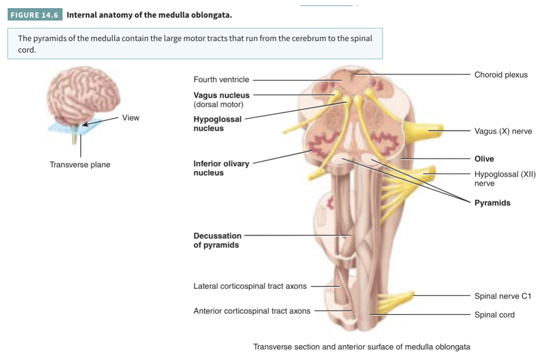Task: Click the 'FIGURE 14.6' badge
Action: point(35,15)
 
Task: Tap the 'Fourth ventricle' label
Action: point(221,80)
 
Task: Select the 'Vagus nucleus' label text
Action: point(221,95)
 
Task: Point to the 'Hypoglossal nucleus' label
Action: point(217,124)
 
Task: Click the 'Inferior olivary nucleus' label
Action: point(221,168)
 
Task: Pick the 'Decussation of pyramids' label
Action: point(217,240)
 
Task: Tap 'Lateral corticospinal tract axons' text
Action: point(250,286)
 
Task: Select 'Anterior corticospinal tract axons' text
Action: point(252,311)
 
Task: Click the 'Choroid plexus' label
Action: point(501,75)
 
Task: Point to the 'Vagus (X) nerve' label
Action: point(503,131)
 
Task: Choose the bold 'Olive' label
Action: point(484,159)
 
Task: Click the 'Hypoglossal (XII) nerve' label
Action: point(504,179)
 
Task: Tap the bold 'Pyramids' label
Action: point(492,203)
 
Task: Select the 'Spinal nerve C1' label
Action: point(503,296)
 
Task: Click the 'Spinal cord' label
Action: point(494,315)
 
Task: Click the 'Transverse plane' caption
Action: point(80,165)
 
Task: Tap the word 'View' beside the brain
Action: point(130,117)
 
